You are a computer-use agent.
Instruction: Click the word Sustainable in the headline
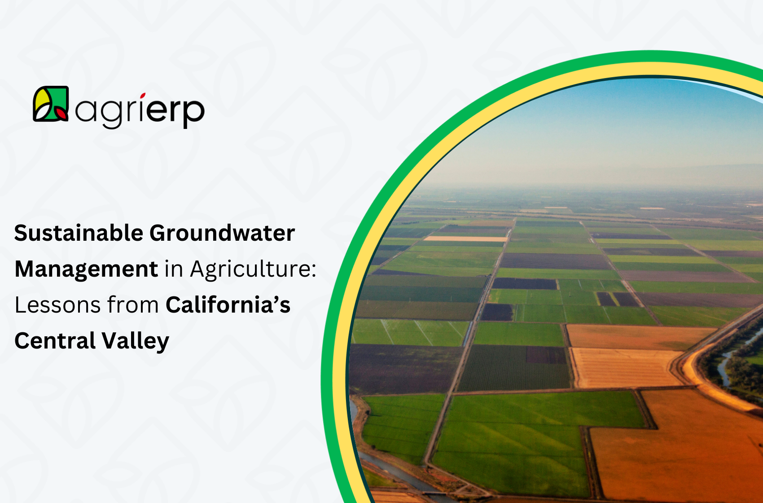click(x=79, y=233)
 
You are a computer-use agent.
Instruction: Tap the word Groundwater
click(x=222, y=233)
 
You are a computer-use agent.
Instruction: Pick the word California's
click(x=228, y=305)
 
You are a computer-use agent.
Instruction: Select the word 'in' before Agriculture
click(x=174, y=269)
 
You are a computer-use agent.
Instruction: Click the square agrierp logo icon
click(x=51, y=104)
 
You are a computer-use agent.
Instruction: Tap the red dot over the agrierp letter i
click(x=143, y=95)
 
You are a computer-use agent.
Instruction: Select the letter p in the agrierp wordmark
click(x=193, y=112)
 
